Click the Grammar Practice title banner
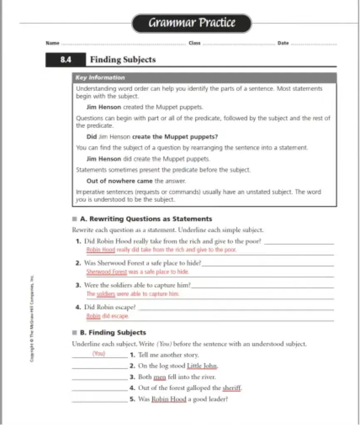[x=192, y=23]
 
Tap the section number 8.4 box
[x=66, y=60]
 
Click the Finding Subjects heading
[x=123, y=60]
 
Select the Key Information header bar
[x=204, y=78]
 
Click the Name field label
[x=52, y=43]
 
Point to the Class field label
[x=194, y=43]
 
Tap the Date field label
[x=283, y=43]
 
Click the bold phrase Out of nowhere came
[x=119, y=181]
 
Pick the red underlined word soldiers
[x=106, y=294]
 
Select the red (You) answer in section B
[x=99, y=354]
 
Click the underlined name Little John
[x=202, y=366]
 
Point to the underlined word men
[x=160, y=377]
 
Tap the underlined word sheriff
[x=232, y=388]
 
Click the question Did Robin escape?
[x=110, y=307]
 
